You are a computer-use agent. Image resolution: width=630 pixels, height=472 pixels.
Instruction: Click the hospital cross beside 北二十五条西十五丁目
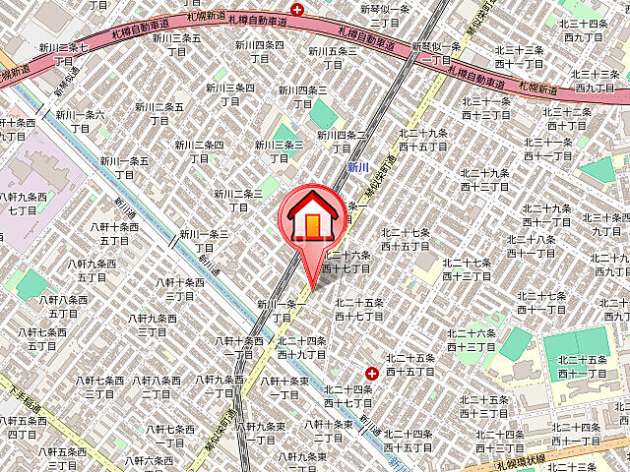click(x=371, y=374)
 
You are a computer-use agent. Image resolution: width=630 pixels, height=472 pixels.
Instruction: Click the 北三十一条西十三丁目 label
click(x=484, y=108)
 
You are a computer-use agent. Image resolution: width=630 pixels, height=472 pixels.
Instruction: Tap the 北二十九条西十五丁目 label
click(x=423, y=140)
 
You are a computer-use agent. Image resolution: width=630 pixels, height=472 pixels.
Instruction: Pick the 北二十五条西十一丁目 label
click(x=578, y=367)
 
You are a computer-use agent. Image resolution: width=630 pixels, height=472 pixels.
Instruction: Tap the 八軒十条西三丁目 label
click(x=180, y=289)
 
